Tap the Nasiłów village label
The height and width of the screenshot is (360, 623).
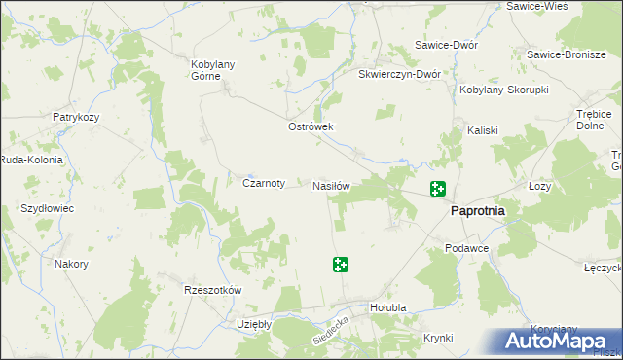tap(331, 185)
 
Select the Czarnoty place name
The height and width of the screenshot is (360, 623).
tap(263, 182)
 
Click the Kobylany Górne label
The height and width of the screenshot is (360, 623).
tap(215, 71)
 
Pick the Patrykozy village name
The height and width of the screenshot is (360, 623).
tap(77, 117)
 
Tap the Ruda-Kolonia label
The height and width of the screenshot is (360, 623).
tap(31, 160)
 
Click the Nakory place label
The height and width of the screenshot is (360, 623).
tap(72, 264)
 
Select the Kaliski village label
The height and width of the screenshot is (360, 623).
tap(483, 130)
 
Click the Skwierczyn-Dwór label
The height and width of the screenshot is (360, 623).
tap(400, 73)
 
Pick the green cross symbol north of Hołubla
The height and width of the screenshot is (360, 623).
tap(341, 265)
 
